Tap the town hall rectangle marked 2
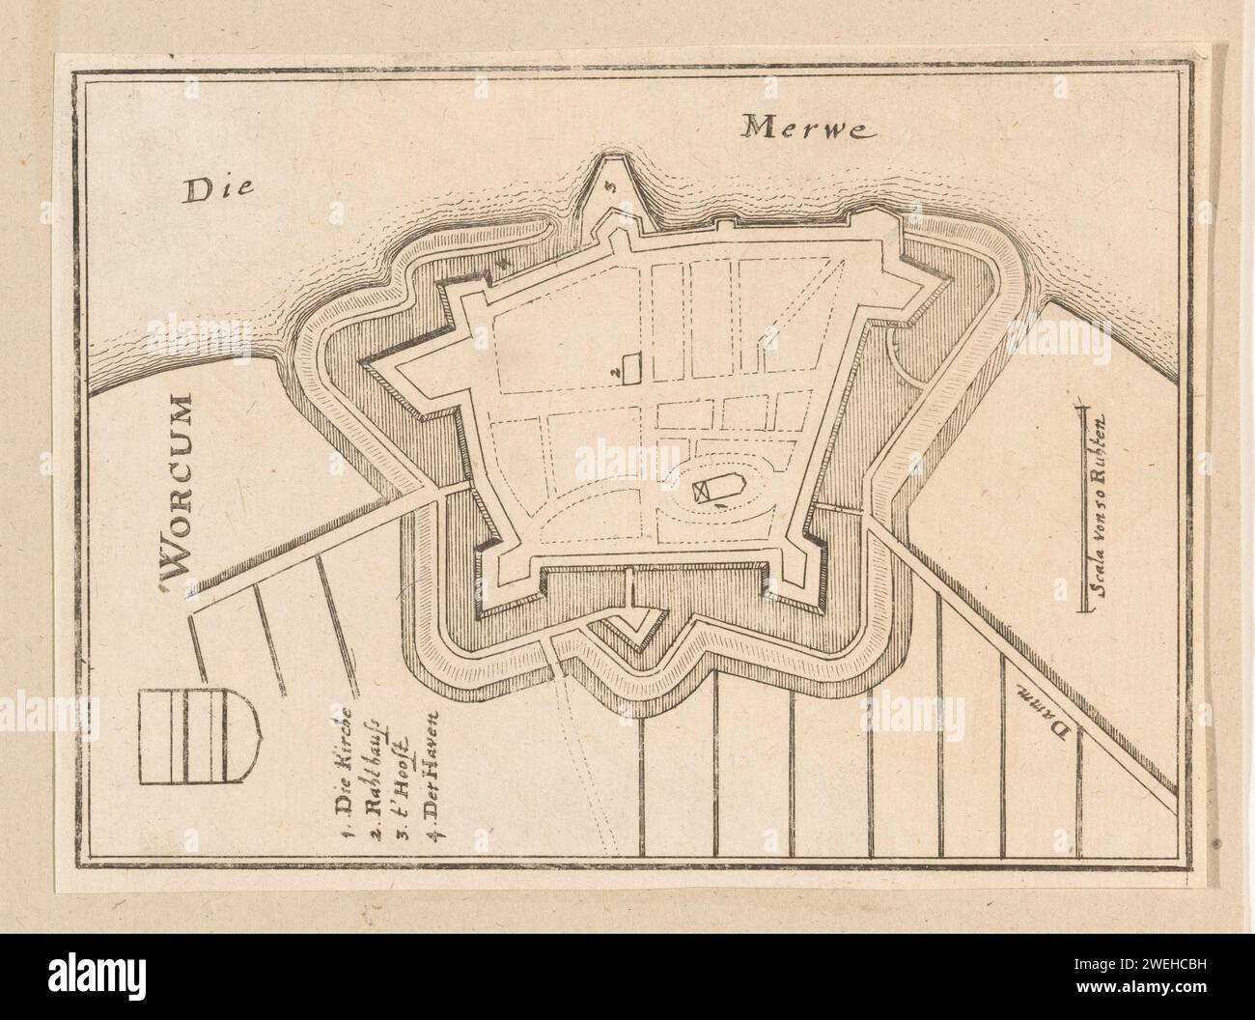coord(633,368)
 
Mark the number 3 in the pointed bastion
coord(610,187)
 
